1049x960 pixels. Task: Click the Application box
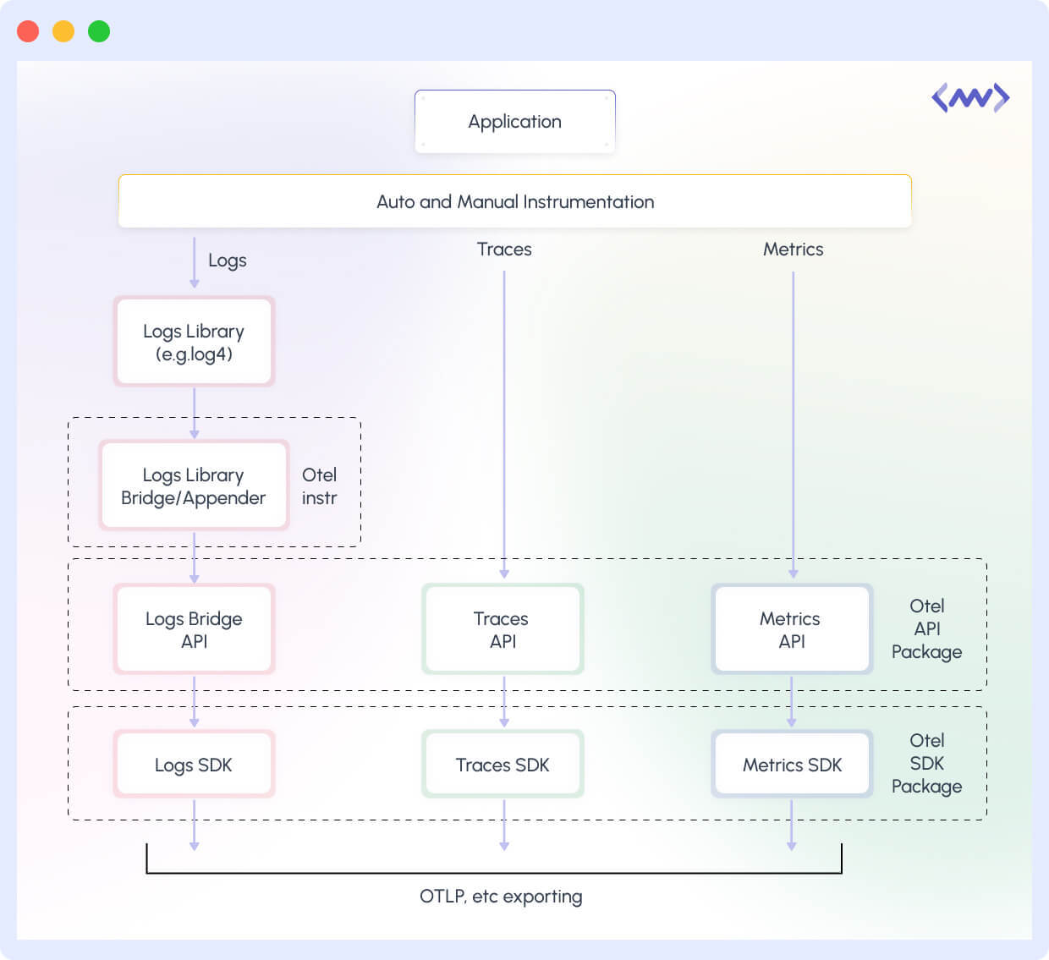pyautogui.click(x=514, y=122)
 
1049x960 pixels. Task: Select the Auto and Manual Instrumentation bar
pyautogui.click(x=514, y=201)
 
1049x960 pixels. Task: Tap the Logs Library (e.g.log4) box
pyautogui.click(x=194, y=342)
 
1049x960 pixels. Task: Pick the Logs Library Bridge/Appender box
pyautogui.click(x=194, y=485)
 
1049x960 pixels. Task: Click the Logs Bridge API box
pyautogui.click(x=194, y=629)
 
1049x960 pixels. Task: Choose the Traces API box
pyautogui.click(x=503, y=629)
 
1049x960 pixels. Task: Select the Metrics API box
pyautogui.click(x=792, y=629)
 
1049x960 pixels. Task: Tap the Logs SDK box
pyautogui.click(x=194, y=765)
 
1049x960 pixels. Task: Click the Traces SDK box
pyautogui.click(x=503, y=765)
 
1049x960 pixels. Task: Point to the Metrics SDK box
pyautogui.click(x=792, y=765)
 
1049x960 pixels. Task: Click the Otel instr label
pyautogui.click(x=319, y=486)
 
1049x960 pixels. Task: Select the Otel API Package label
pyautogui.click(x=926, y=629)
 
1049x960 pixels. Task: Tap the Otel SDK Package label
pyautogui.click(x=926, y=764)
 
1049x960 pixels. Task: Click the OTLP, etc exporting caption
pyautogui.click(x=501, y=897)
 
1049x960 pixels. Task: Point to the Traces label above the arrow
pyautogui.click(x=504, y=250)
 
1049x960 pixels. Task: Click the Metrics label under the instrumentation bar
pyautogui.click(x=793, y=250)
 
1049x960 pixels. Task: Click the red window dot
pyautogui.click(x=28, y=31)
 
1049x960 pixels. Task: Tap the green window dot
pyautogui.click(x=99, y=31)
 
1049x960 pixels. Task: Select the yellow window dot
pyautogui.click(x=63, y=31)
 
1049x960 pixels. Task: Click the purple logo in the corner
pyautogui.click(x=970, y=98)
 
